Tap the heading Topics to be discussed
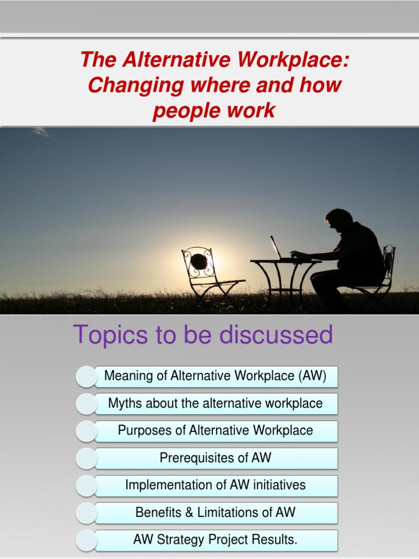coord(202,334)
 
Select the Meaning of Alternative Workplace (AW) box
coord(216,376)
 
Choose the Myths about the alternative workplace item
coord(216,403)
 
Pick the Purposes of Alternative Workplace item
coord(216,430)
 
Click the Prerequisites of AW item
coord(216,457)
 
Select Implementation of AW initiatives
coord(216,485)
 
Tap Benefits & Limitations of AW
coord(216,512)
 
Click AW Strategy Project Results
coord(216,540)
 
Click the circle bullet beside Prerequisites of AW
coord(86,459)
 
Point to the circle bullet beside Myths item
coord(86,404)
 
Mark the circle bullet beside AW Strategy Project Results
coord(86,540)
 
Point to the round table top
coord(284,261)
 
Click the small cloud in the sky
coord(40,132)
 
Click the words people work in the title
coord(214,111)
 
